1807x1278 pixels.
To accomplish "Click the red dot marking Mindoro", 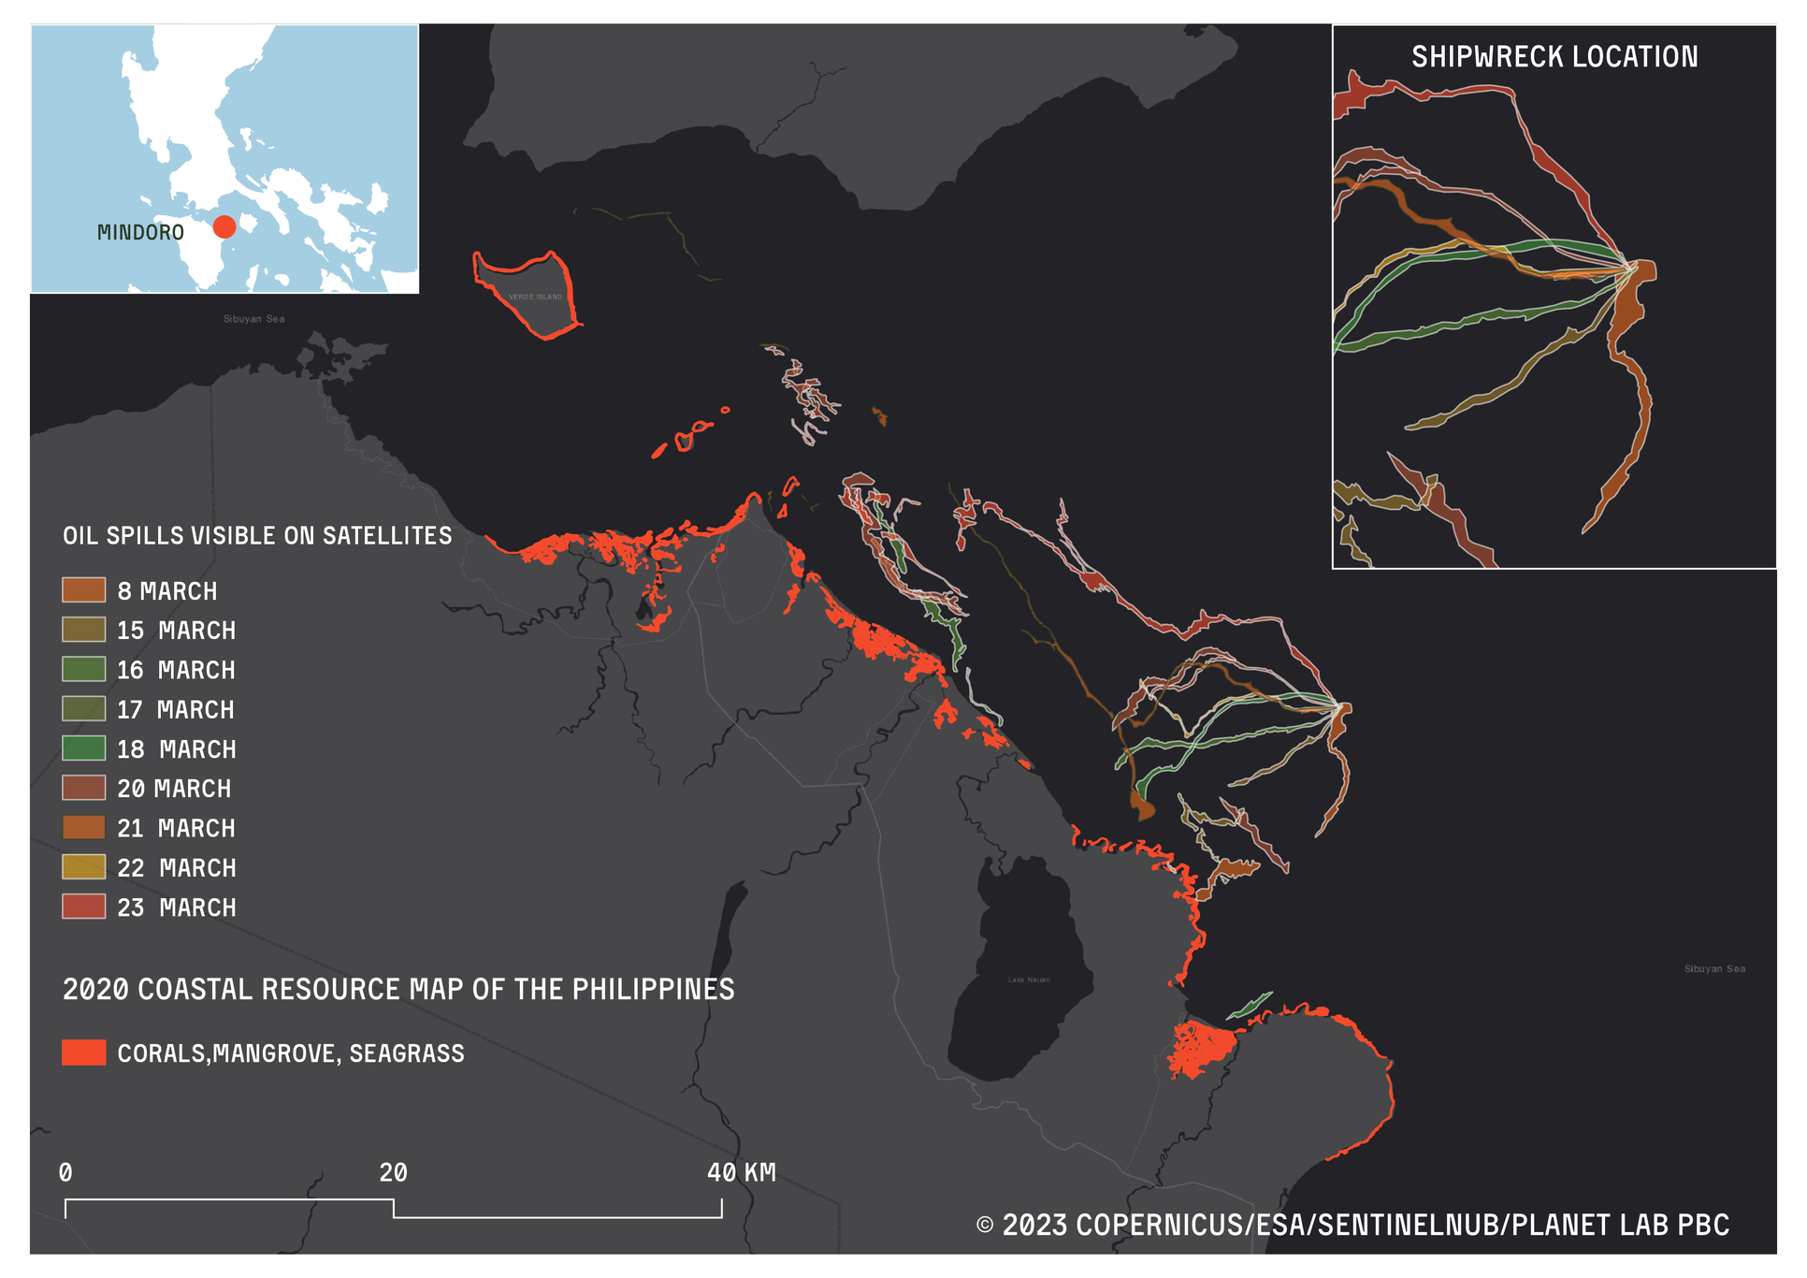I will click(224, 226).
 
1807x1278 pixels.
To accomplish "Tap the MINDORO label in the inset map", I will click(140, 233).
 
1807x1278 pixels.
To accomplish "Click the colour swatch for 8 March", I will click(83, 590).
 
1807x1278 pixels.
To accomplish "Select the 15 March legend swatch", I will click(83, 630).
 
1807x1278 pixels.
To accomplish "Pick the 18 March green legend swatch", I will click(83, 748).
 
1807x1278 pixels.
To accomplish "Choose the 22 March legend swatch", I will click(83, 867).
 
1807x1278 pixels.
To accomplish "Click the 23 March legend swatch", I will click(83, 907).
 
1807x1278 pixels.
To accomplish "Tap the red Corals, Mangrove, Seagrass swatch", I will click(83, 1053).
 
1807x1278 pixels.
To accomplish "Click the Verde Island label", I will click(536, 297).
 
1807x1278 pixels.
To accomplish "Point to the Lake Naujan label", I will click(1029, 980).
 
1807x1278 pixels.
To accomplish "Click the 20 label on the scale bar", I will click(393, 1172).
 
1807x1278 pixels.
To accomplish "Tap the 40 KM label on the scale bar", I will click(741, 1172).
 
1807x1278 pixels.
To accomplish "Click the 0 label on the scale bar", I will click(65, 1172).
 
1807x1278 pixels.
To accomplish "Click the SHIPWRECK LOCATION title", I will click(1554, 57).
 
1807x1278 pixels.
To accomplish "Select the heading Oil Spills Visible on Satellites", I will click(257, 536).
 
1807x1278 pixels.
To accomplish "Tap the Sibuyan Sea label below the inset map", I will click(253, 319).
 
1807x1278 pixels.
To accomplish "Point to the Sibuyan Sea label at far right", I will click(1714, 968).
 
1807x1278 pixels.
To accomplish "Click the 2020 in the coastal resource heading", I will click(95, 989).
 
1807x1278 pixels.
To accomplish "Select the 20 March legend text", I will click(174, 789).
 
